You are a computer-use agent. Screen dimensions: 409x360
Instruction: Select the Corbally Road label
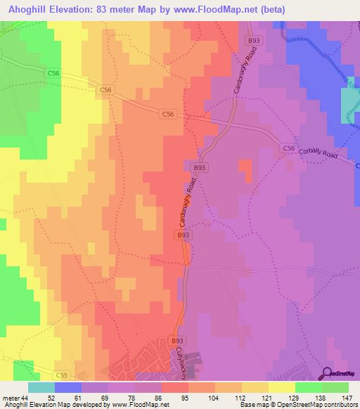(326, 156)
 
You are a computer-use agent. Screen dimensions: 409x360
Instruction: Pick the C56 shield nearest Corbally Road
(288, 148)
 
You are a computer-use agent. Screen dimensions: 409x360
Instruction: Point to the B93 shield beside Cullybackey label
(177, 341)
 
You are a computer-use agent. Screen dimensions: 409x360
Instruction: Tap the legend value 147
(345, 397)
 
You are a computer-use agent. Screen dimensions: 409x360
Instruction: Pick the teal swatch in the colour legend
(41, 387)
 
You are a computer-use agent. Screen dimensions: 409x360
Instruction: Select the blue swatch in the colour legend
(68, 387)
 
